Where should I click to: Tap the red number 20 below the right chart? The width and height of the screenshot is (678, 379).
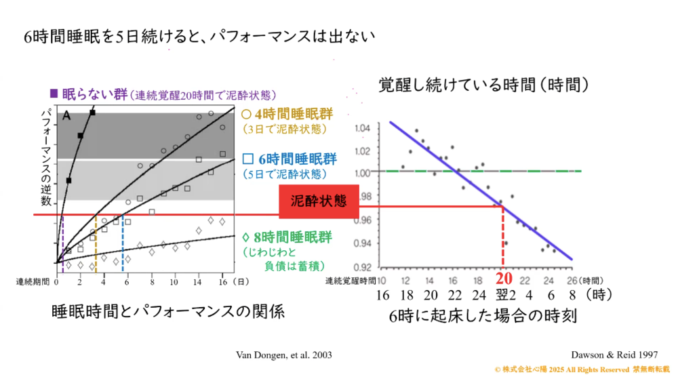point(503,279)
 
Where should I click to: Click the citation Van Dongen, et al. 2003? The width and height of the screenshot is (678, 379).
point(283,355)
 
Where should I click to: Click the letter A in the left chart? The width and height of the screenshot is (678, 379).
point(67,116)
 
